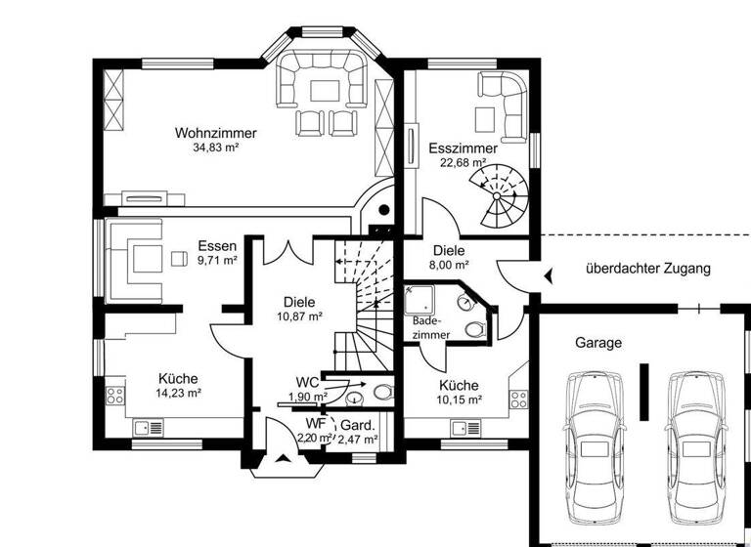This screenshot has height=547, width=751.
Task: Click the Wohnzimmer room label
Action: pos(216,133)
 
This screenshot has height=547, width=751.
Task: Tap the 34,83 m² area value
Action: pos(216,148)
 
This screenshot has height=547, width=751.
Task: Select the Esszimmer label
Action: pos(463,148)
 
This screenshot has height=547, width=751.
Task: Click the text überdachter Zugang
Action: pos(647,268)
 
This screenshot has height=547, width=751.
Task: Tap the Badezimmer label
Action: pos(431,327)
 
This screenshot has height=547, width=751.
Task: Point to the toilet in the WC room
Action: pos(382,393)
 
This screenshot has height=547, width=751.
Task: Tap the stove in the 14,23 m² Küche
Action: pos(113,397)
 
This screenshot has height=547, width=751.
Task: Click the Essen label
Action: pos(216,246)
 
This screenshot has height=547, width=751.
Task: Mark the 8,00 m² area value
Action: pos(449,265)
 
